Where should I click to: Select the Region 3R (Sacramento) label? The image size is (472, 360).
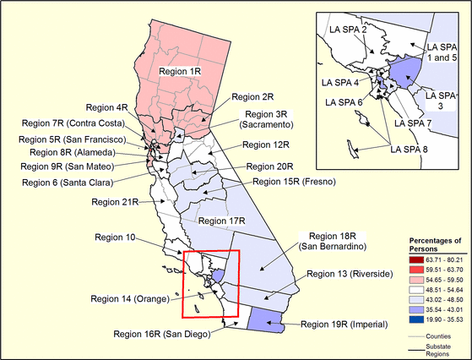272,119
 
